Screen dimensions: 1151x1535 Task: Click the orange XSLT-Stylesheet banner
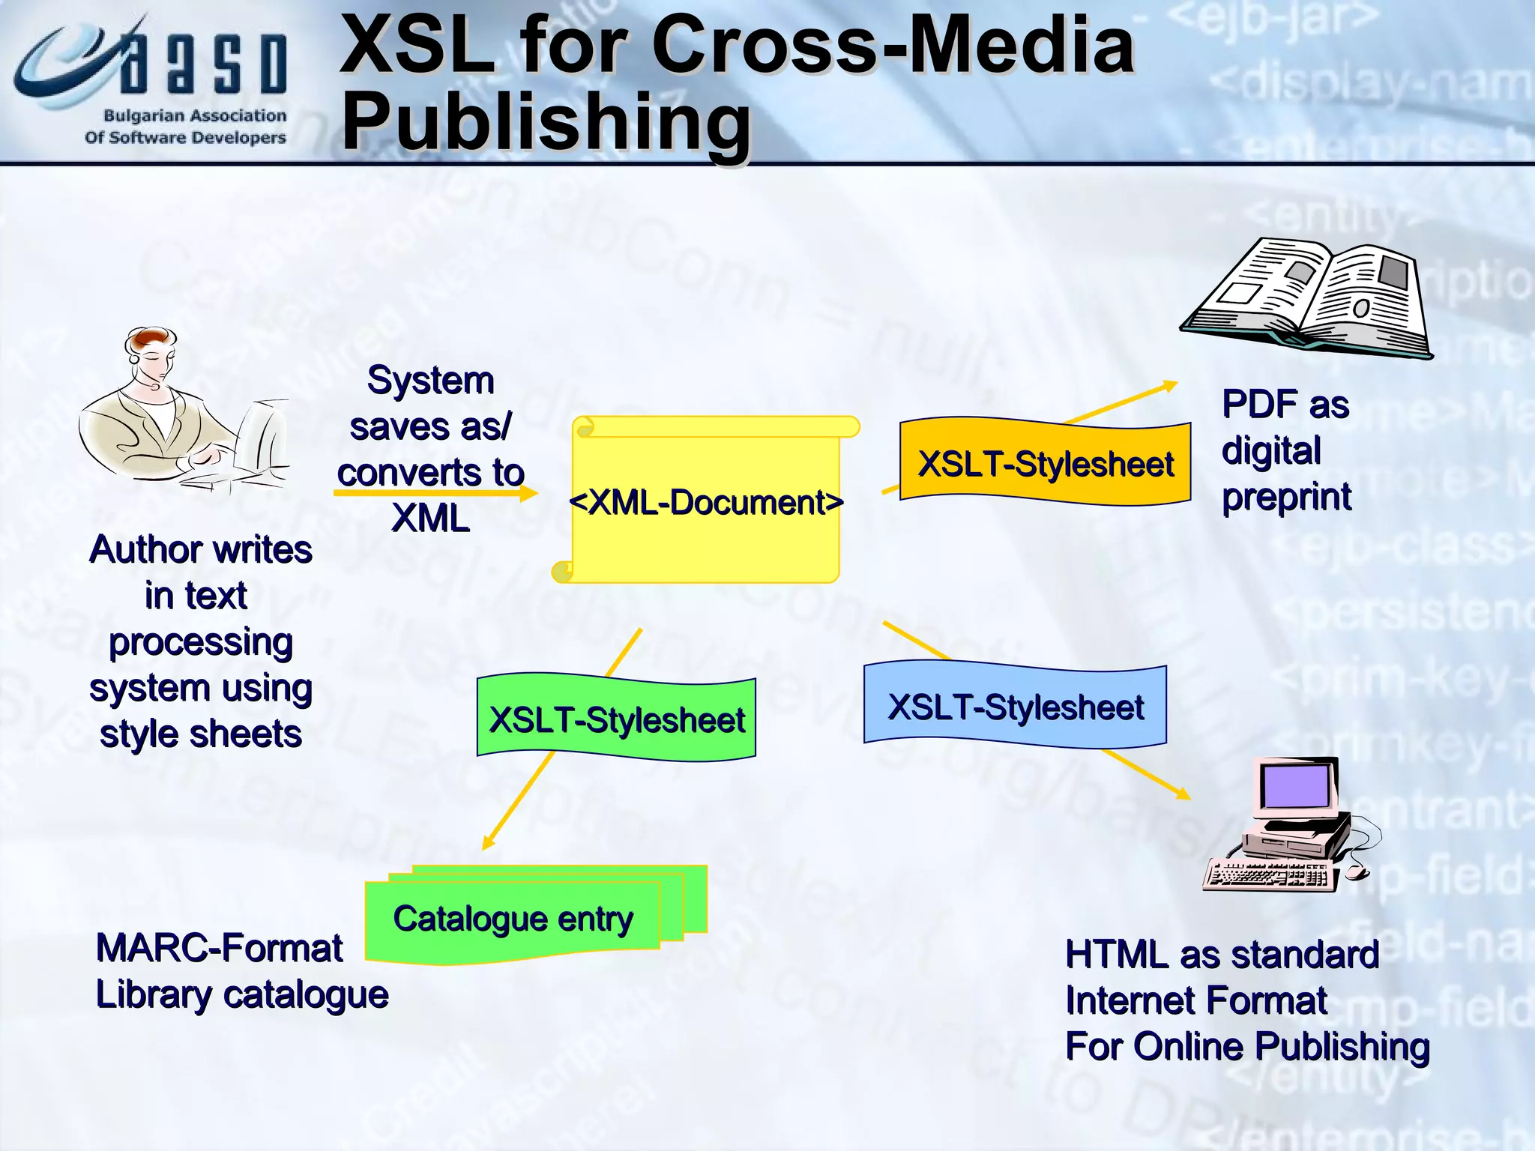point(1045,463)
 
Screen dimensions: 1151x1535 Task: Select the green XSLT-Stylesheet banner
point(616,718)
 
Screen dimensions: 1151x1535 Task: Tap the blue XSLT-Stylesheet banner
point(1015,706)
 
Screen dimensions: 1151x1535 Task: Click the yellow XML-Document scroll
point(705,501)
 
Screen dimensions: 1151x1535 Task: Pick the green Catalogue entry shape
point(513,919)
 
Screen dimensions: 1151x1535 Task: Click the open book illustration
point(1308,297)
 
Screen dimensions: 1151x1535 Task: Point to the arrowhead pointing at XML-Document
point(530,492)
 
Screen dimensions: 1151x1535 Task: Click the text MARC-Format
point(219,948)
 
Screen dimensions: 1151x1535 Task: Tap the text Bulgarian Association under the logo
point(195,116)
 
